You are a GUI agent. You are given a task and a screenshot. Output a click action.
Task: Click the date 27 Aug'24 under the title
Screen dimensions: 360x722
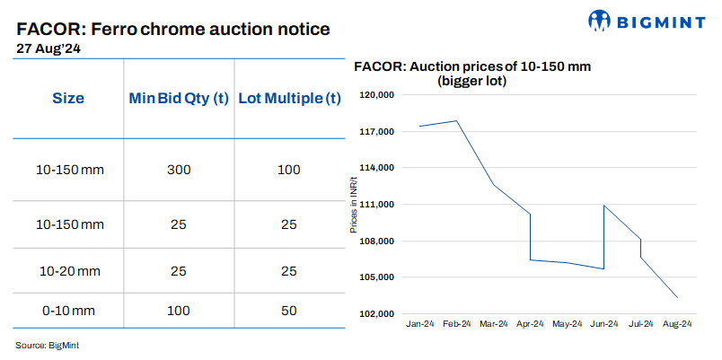[49, 50]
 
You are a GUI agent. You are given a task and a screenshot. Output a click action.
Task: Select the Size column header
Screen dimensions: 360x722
[67, 98]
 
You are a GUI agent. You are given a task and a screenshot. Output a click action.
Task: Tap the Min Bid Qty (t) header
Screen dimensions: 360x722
[178, 98]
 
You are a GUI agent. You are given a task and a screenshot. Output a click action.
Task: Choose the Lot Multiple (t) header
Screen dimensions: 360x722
[287, 98]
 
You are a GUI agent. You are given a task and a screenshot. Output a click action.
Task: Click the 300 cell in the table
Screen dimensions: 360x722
[178, 170]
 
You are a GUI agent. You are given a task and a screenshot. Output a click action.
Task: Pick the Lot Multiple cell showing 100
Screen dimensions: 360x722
[288, 170]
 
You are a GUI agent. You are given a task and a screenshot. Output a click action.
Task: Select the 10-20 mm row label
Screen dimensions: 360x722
[67, 269]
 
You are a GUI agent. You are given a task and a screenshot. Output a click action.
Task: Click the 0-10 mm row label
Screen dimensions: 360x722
[67, 310]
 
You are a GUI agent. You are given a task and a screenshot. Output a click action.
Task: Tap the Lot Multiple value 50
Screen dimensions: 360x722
[288, 310]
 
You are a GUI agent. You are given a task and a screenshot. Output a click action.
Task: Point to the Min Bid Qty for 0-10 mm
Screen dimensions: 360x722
[178, 310]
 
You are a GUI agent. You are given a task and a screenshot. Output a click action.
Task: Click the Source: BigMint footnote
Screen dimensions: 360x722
[47, 345]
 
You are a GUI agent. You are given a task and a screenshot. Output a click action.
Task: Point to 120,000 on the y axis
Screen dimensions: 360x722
[377, 95]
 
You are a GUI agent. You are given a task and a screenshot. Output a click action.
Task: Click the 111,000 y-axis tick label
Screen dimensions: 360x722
[377, 205]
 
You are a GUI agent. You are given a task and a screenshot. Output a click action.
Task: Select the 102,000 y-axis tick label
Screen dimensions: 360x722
[377, 314]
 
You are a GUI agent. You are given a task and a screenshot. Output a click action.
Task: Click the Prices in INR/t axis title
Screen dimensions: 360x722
[353, 205]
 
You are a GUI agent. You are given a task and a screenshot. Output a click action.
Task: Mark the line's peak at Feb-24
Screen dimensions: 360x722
[457, 120]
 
